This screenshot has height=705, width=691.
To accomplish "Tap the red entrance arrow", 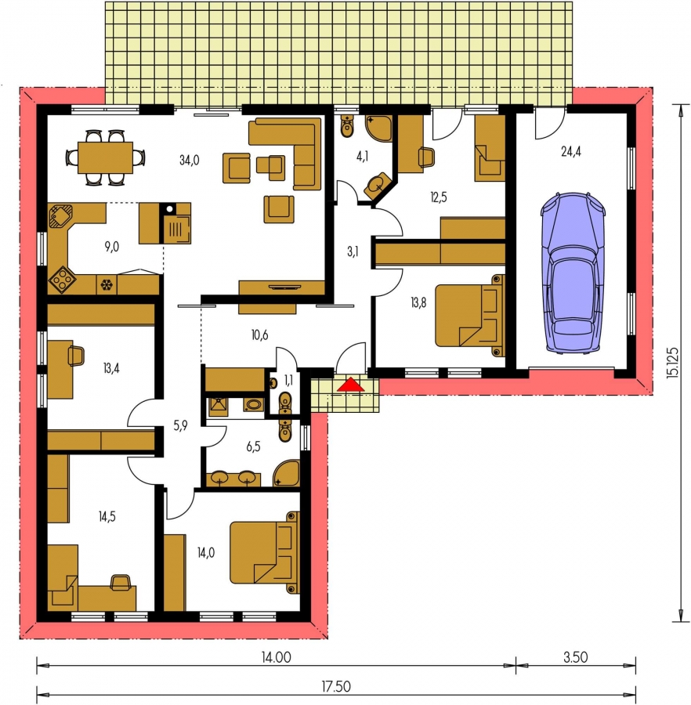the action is [352, 385].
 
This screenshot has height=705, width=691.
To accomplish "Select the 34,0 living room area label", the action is [190, 160].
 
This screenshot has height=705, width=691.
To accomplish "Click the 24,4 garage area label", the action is [571, 151].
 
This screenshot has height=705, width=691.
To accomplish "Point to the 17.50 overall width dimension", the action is [336, 686].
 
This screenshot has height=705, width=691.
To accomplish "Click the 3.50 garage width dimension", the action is [576, 657].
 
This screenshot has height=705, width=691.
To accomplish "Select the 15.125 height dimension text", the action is [673, 361].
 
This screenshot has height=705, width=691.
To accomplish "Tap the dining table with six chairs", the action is [106, 157].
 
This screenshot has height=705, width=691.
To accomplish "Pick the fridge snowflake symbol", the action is [107, 284].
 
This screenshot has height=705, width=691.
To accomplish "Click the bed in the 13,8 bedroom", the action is [469, 316].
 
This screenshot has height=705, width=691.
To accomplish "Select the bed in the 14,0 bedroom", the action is [264, 552].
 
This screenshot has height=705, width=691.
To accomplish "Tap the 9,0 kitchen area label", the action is [111, 247].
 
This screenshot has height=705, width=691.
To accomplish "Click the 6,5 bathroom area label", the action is [253, 446].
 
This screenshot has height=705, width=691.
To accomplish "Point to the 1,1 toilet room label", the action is [288, 381].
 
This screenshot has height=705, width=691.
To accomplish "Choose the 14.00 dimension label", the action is [276, 657].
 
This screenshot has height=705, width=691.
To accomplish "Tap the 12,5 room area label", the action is [438, 197].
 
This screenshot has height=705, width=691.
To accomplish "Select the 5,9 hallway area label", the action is [180, 425].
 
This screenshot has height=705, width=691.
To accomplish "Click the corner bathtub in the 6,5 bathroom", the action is [287, 473].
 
